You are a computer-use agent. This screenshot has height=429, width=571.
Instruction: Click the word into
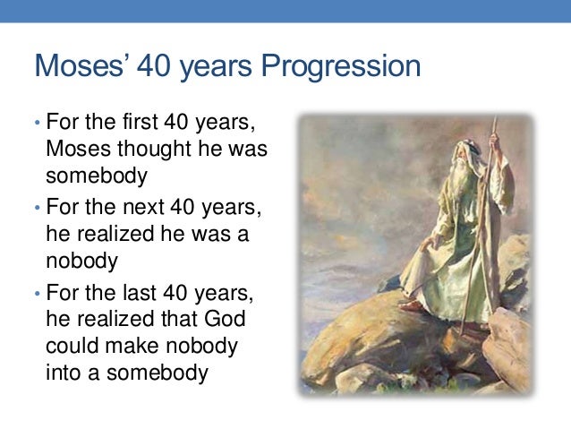[x=62, y=371]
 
